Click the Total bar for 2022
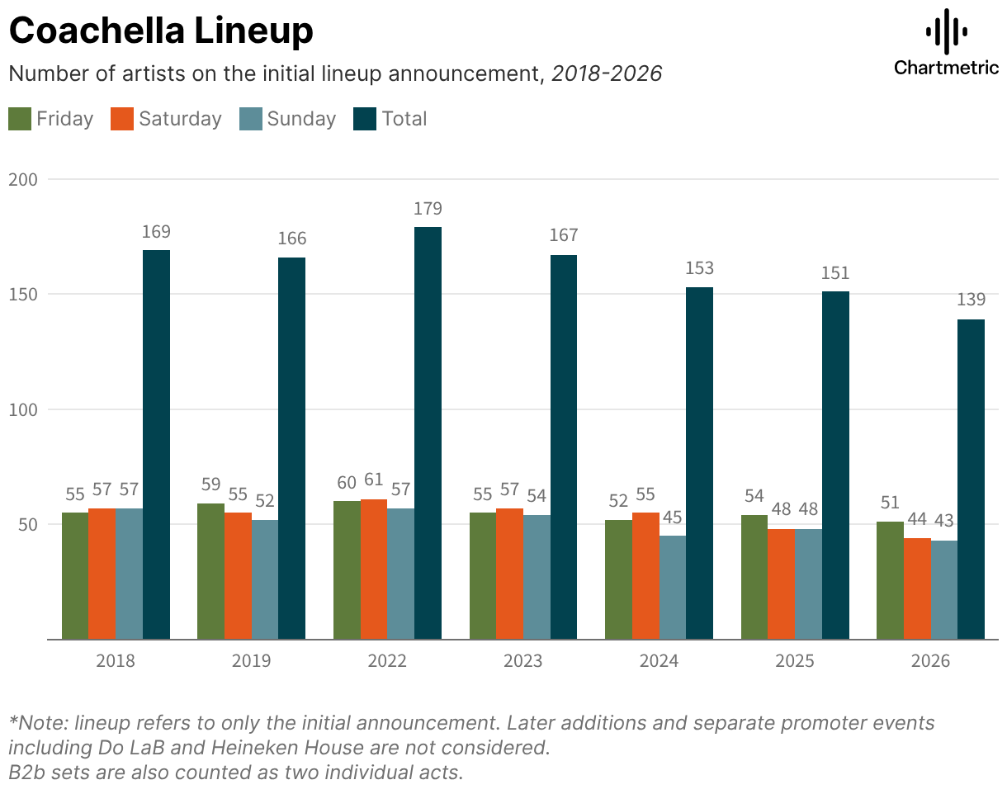(428, 432)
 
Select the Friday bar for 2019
(210, 571)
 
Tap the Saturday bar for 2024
(645, 575)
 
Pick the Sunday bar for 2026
(943, 589)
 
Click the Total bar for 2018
(156, 444)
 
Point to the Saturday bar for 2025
(781, 584)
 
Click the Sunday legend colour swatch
(250, 119)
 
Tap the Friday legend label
(64, 119)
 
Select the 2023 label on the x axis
(523, 661)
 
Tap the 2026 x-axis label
(930, 661)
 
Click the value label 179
(428, 209)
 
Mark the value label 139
(971, 301)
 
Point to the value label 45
(673, 518)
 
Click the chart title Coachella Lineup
(161, 31)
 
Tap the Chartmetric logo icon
(946, 31)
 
